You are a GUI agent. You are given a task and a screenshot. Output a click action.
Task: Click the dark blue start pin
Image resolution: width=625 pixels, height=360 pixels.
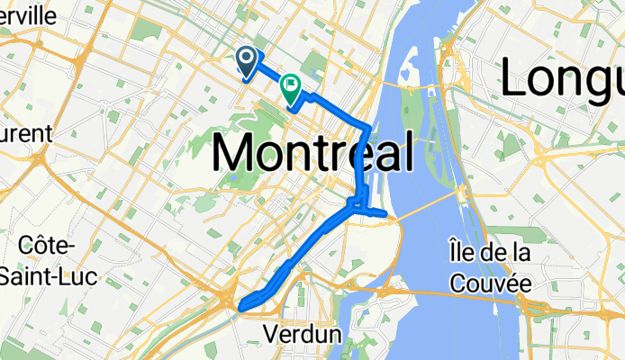pos(247,61)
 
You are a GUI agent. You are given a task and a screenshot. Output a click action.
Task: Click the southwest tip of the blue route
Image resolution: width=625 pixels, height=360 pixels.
pos(241,306)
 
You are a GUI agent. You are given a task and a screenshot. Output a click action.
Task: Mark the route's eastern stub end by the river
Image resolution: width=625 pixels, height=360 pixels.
pos(385,214)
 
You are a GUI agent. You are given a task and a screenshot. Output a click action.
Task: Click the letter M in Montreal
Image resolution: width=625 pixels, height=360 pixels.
pos(236,151)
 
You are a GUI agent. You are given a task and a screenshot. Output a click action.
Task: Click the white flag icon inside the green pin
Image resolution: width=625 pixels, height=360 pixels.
pos(291,85)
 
